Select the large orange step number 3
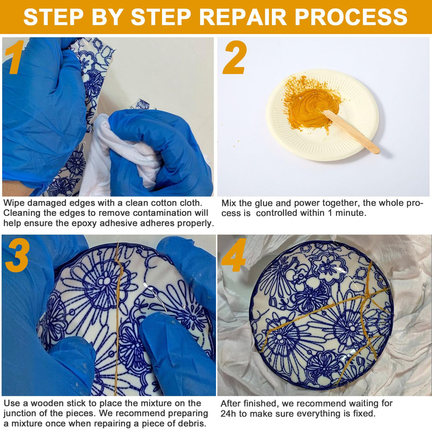tap(17, 255)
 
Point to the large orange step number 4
tap(233, 255)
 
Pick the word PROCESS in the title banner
tap(351, 16)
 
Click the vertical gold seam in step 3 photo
tap(118, 320)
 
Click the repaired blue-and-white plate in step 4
tap(320, 317)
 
